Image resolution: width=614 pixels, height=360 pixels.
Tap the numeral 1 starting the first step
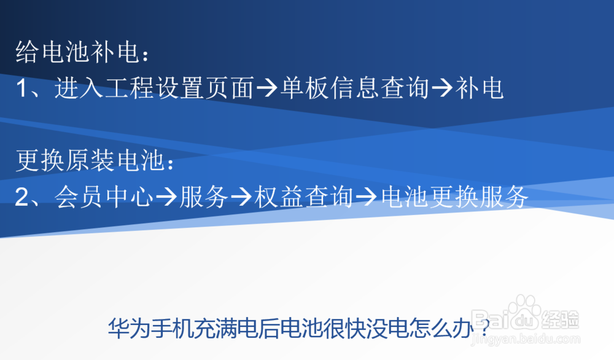point(23,90)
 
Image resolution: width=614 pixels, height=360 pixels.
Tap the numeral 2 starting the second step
point(23,198)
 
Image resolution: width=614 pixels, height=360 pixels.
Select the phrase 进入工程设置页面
point(153,90)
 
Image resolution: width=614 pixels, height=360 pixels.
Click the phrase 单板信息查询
point(354,90)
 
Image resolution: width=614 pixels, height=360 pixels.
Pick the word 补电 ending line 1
point(480,90)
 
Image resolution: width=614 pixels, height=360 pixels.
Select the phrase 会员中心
point(103,198)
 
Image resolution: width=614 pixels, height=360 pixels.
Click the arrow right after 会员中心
point(166,198)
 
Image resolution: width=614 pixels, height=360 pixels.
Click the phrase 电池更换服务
point(455,198)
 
